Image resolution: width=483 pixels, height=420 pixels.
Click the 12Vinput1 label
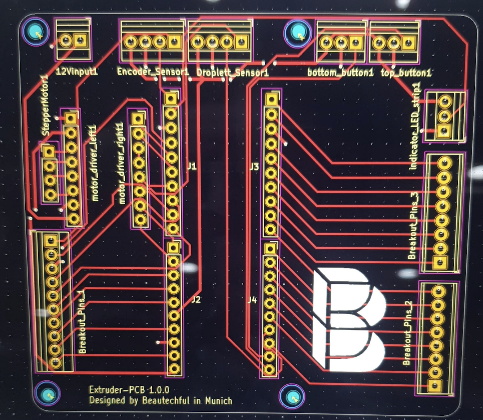pos(77,71)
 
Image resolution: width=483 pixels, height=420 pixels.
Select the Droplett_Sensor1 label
pos(232,73)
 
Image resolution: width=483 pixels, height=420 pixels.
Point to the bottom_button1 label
pos(340,72)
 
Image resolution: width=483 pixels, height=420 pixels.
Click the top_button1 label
pos(406,73)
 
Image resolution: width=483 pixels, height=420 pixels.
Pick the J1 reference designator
pos(192,167)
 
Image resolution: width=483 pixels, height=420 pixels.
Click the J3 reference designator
pos(254,167)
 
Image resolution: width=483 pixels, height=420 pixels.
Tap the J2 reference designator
pos(196,299)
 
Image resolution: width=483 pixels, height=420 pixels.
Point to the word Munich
pos(219,401)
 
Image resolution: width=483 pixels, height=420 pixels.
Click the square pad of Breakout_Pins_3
pos(440,262)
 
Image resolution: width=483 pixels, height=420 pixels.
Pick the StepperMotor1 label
pos(45,105)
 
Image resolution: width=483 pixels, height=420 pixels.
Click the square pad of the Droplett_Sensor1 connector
pos(241,42)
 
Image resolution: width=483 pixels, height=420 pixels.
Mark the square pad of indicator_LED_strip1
pos(444,131)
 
